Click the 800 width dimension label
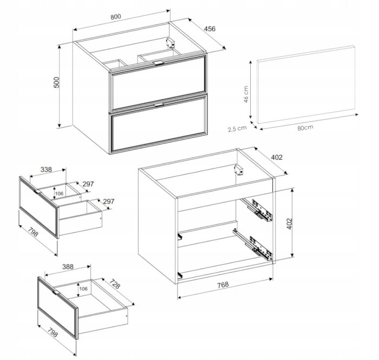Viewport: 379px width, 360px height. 115,17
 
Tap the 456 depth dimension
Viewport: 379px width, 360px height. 210,29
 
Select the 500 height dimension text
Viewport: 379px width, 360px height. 56,82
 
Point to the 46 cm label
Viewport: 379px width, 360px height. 246,94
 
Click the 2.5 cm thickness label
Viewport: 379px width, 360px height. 237,128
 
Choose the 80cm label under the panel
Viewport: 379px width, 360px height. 305,128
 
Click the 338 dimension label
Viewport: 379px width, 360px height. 46,169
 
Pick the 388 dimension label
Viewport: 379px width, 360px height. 68,267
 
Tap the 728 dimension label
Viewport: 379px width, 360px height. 115,284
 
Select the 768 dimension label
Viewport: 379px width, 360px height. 223,285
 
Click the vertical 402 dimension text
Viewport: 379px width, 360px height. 289,224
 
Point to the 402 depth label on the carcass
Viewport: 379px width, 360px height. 277,158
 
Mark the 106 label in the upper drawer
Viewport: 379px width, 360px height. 59,193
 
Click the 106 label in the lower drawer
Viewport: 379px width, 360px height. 83,289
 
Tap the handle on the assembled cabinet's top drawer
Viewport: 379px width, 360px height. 159,63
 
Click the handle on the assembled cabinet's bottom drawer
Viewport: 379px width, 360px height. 159,104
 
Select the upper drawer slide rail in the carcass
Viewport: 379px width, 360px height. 257,210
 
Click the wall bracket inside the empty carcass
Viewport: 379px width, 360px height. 239,169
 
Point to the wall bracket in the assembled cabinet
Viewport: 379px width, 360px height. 171,43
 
